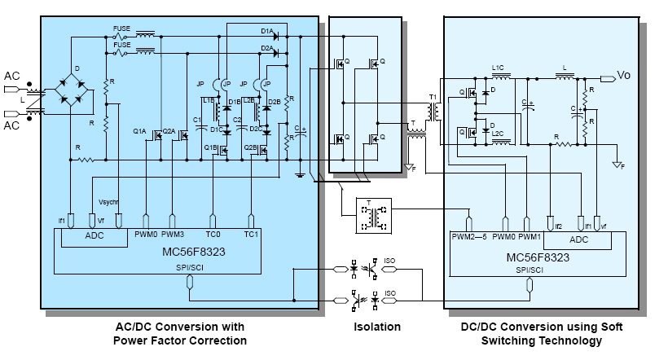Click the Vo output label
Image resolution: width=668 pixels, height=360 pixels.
[x=624, y=75]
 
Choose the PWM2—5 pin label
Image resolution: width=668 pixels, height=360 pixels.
[x=470, y=238]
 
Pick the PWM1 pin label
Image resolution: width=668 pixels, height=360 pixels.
[x=530, y=238]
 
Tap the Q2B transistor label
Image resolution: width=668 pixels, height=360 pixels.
[x=252, y=148]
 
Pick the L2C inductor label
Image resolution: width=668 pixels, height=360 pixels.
[x=498, y=133]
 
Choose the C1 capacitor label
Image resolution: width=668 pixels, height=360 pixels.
[x=197, y=121]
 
